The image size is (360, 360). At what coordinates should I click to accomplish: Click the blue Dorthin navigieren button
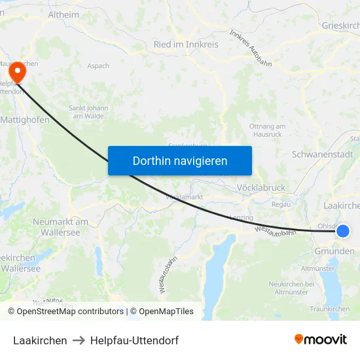point(180,160)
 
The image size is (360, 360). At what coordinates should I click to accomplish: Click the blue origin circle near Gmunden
point(342,230)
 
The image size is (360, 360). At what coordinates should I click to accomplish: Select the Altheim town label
point(63,14)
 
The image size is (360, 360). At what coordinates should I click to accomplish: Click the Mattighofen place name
point(25,120)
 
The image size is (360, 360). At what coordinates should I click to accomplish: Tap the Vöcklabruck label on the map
point(262,188)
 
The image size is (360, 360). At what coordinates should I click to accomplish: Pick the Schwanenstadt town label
point(322,155)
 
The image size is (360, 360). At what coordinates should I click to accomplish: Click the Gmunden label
point(334,251)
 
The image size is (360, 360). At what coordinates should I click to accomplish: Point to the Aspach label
point(98,66)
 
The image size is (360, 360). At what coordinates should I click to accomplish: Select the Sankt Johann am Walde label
point(86,112)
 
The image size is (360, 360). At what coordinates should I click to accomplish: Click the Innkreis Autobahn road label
point(250,48)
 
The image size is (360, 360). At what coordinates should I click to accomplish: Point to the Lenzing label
point(241,217)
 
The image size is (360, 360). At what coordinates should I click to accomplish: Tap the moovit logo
point(320,339)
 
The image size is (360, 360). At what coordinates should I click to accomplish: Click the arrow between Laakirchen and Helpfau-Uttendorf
point(79,340)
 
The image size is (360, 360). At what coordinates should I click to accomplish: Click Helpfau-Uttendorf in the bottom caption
point(134,340)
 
